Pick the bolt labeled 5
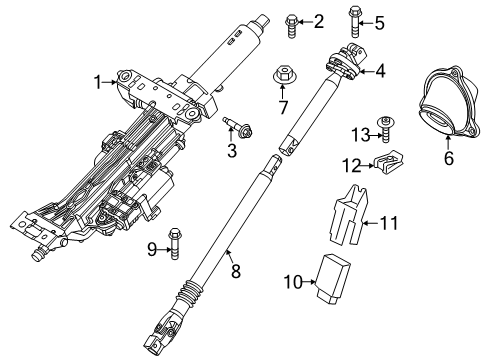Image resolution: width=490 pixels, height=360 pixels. (353, 20)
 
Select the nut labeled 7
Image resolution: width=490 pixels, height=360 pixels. (283, 75)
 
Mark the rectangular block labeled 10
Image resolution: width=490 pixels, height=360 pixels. (332, 276)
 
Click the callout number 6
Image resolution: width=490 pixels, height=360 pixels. (448, 157)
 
